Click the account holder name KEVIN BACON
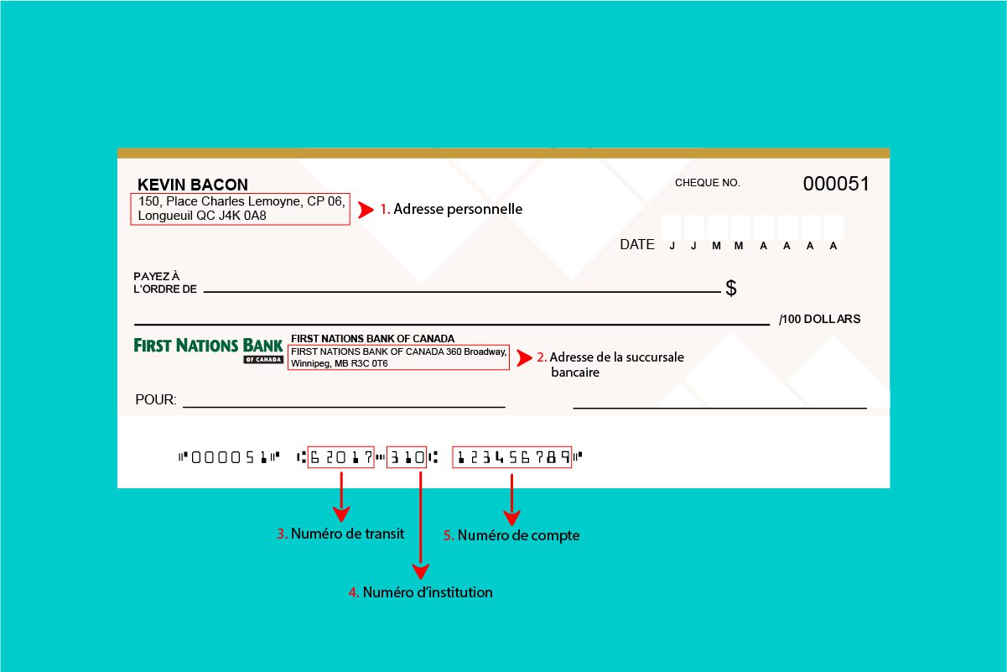pos(193,185)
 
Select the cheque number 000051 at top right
pos(836,184)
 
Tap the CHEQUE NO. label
pos(707,183)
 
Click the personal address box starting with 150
pos(240,209)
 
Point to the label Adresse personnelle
pos(457,210)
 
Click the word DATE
pos(637,245)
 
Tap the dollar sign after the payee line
pos(731,289)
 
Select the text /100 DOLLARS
pos(819,320)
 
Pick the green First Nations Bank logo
pos(209,349)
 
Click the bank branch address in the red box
pos(398,357)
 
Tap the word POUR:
pos(156,400)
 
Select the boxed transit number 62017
pos(340,457)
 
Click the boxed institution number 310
pos(406,457)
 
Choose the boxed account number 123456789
pos(511,457)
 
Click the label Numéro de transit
pos(347,534)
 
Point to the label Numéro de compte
pos(518,535)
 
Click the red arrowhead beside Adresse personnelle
pos(365,210)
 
